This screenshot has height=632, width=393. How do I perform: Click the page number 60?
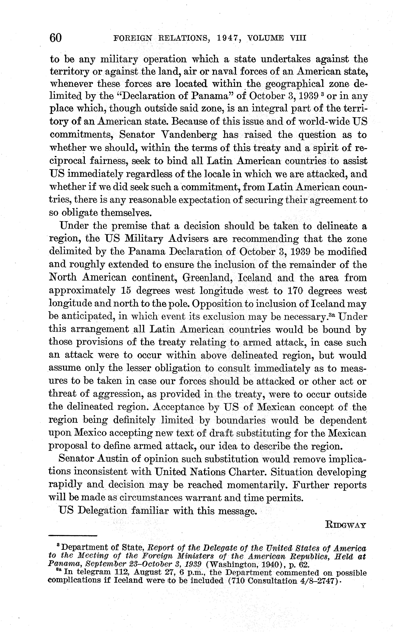56,38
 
